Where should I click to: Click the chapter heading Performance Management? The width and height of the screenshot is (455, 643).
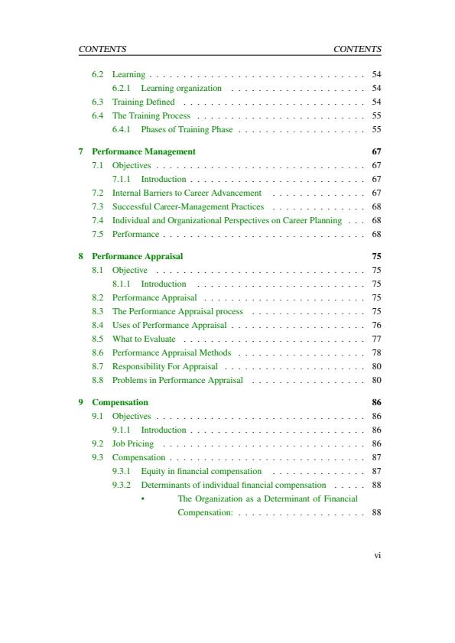144,151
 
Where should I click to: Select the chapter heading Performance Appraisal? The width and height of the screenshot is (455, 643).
138,256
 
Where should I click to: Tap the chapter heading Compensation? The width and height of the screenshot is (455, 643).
120,402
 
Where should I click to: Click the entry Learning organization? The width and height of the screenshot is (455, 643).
181,88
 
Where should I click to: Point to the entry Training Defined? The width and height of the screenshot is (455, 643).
144,102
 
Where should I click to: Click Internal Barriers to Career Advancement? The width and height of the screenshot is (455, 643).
187,193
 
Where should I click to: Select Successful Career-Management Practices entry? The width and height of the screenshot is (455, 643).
188,206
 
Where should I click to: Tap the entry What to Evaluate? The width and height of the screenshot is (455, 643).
144,339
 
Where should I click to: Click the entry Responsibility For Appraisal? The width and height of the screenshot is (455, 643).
165,366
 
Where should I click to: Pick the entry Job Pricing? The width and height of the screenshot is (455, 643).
133,443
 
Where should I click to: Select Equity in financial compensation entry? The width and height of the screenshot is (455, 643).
201,471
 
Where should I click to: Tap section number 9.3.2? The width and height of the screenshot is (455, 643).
122,485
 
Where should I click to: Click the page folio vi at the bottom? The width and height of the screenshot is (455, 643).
377,556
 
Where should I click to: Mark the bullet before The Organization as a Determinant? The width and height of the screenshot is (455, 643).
143,498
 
